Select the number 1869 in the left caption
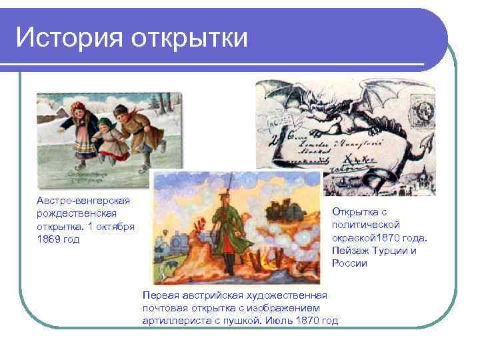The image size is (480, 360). (49, 239)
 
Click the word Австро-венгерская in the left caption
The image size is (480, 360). (83, 201)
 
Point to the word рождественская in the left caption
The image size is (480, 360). (77, 213)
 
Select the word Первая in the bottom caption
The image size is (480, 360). (160, 295)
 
